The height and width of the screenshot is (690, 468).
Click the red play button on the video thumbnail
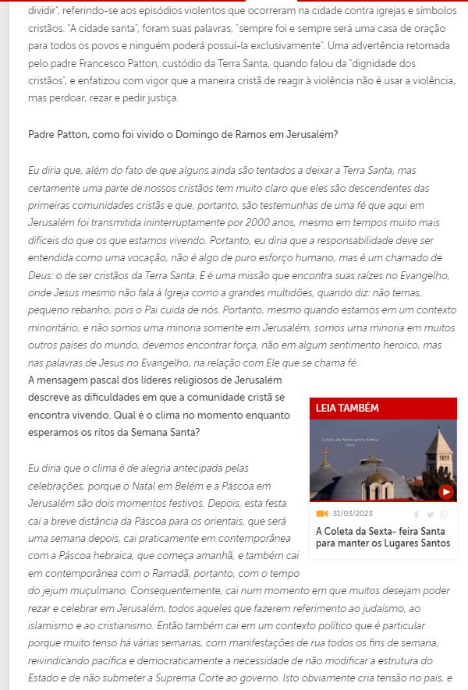[x=446, y=491]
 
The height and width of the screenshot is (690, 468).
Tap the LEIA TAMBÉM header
[x=347, y=409]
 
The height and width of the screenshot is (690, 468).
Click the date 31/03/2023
[x=353, y=514]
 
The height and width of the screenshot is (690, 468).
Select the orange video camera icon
[x=321, y=514]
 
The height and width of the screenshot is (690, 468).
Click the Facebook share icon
[x=417, y=515]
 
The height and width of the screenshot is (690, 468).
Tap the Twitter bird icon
[x=430, y=515]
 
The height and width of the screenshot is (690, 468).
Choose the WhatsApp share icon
[x=444, y=515]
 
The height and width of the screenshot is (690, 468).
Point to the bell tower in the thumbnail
[x=440, y=460]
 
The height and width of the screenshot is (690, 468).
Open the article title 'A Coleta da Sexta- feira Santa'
[x=382, y=536]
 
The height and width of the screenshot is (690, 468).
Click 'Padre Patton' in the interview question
[x=60, y=134]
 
